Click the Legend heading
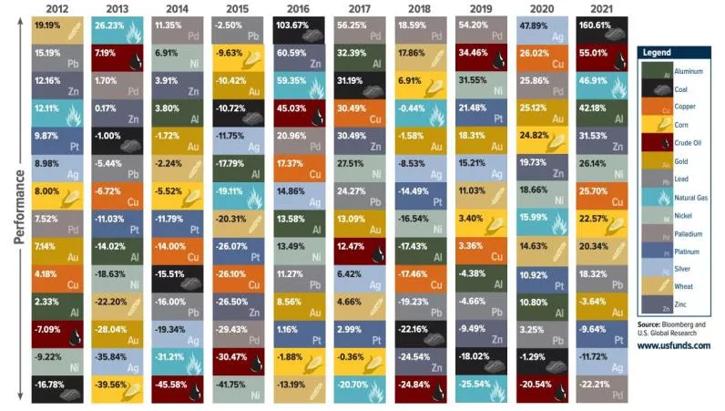[x=658, y=53]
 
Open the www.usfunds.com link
[x=674, y=346]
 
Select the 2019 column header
[x=482, y=9]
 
